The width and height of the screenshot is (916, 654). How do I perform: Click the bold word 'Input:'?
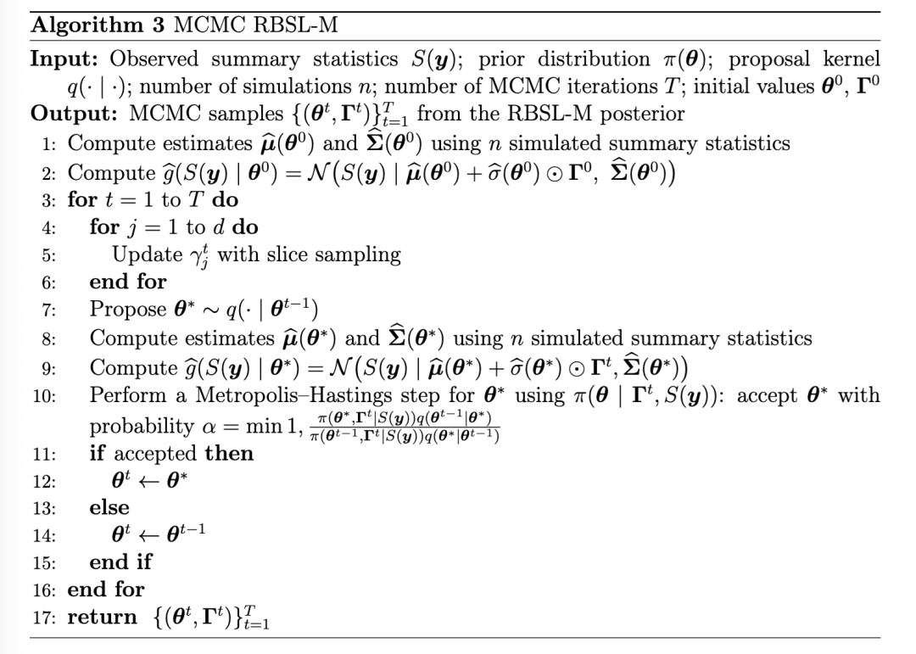click(65, 59)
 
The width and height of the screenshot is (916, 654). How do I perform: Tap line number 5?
click(47, 255)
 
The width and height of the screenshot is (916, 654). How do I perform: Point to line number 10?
click(44, 395)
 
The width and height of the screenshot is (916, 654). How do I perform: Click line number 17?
click(44, 618)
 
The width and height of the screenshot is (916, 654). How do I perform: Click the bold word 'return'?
click(102, 618)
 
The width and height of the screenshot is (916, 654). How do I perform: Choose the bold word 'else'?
click(109, 507)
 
